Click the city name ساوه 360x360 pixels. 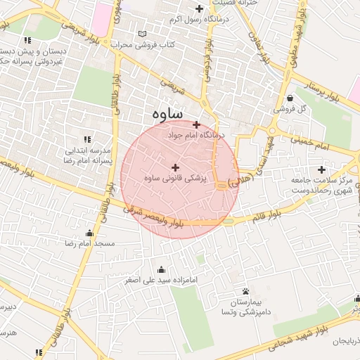point(167,113)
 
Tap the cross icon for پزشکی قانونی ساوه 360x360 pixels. point(175,167)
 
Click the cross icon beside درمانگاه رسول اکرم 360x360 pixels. point(200,9)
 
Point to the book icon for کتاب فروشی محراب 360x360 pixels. point(143,34)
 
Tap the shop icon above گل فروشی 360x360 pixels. point(290,98)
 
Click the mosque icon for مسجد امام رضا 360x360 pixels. point(89,233)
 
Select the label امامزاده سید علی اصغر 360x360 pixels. point(162,280)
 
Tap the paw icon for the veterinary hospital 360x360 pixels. point(245,291)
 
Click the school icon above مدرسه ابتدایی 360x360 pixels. point(88,140)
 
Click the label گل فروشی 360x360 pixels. point(289,110)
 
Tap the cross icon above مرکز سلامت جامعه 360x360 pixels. point(322,169)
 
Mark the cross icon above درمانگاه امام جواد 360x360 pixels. point(196,124)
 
